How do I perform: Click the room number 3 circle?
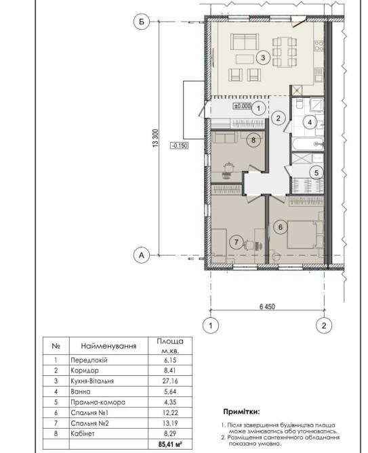coord(263,57)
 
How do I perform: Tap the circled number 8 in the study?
coord(253,140)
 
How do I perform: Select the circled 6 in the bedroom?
coord(281,227)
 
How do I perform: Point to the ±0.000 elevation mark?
coord(243,106)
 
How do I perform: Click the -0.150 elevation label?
coord(180,145)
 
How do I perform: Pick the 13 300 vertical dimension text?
coord(155,138)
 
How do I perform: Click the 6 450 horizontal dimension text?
coord(267,306)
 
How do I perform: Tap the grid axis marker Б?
coord(142,22)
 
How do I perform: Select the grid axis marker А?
coord(142,256)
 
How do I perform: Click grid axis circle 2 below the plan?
coord(324,326)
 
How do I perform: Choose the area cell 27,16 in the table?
coord(170,381)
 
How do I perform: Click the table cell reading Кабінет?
coord(83,433)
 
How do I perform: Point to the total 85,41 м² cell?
coord(170,444)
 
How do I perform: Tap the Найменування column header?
coord(108,345)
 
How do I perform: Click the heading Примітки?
coord(241,411)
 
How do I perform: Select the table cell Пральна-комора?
coord(98,402)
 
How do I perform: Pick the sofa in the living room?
coord(245,42)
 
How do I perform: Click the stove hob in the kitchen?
coord(319,46)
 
